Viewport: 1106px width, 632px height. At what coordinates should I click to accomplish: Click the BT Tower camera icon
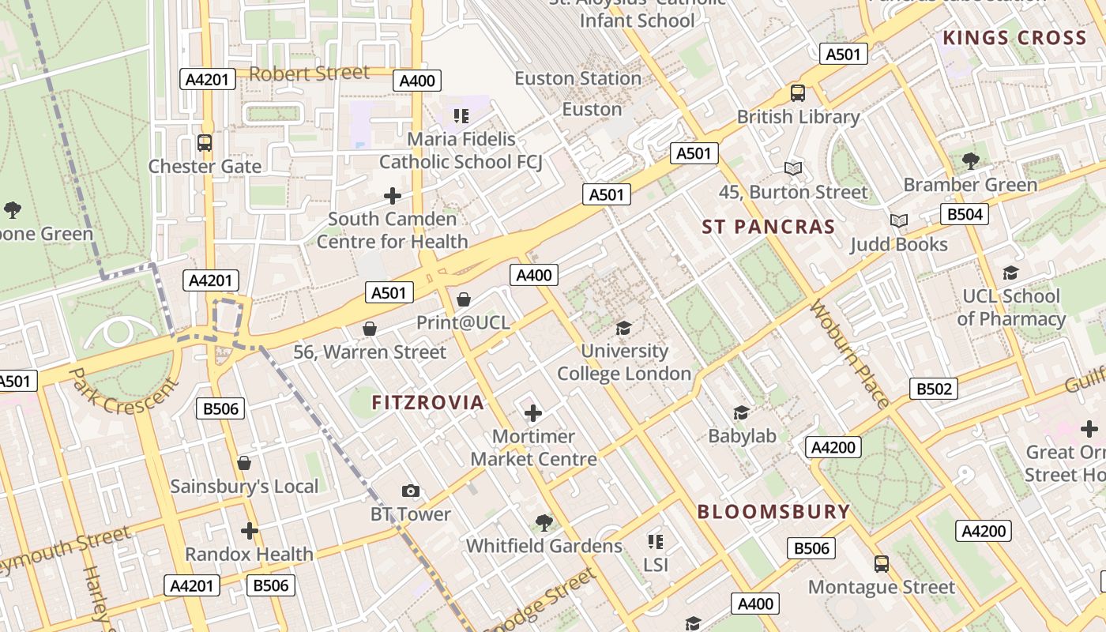point(410,491)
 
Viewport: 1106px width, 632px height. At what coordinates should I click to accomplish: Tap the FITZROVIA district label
point(427,402)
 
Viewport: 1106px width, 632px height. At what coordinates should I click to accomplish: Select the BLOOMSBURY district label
point(773,511)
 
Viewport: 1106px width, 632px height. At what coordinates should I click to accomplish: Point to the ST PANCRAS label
point(769,227)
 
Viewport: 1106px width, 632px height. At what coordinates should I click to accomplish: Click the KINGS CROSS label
point(1014,38)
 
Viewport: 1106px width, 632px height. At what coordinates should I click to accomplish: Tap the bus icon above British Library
point(798,93)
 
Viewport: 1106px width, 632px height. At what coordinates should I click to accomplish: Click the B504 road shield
point(965,214)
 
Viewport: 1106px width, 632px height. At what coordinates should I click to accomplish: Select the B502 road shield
point(934,389)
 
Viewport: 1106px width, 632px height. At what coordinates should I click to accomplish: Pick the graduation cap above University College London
point(624,328)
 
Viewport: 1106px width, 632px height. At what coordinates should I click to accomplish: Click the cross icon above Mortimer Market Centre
point(533,412)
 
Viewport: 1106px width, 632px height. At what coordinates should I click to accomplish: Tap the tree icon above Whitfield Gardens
point(544,522)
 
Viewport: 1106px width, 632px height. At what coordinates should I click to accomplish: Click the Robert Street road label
point(310,73)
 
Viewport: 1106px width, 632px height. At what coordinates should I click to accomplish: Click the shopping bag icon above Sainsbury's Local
point(244,463)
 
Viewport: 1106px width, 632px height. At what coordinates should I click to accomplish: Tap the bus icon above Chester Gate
point(205,143)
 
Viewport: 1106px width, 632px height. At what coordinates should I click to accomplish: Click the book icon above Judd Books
point(898,220)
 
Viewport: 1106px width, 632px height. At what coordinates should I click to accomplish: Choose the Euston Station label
point(577,78)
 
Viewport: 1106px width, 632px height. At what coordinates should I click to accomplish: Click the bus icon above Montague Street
point(882,564)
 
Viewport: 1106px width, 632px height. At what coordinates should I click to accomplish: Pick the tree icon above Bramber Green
point(970,161)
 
